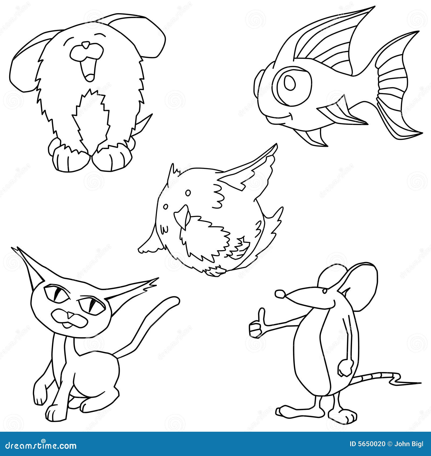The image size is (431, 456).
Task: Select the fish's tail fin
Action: pyautogui.click(x=396, y=86)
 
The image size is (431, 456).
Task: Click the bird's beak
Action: pyautogui.click(x=182, y=216)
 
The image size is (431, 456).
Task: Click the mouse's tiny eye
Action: pyautogui.click(x=325, y=291)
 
